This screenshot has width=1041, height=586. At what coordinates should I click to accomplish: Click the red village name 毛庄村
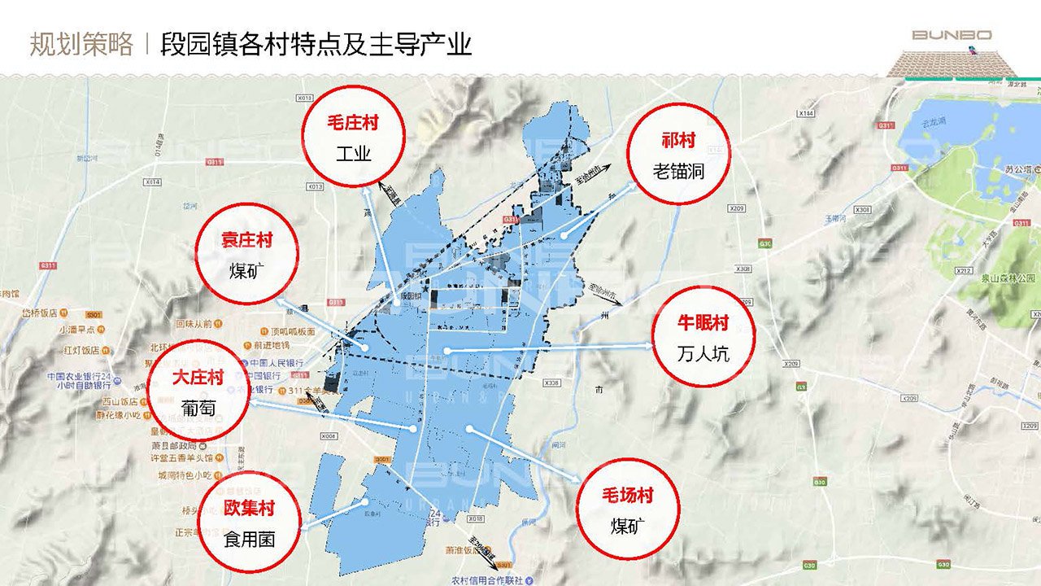tap(353, 124)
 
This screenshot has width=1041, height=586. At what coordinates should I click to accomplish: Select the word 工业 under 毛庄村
tap(353, 153)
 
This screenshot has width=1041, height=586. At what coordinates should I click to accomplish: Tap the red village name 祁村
tap(677, 140)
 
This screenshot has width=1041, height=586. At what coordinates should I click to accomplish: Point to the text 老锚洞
tap(677, 171)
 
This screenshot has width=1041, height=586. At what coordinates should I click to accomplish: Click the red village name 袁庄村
tap(246, 240)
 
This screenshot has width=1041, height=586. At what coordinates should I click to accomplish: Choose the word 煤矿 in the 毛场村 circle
tap(627, 526)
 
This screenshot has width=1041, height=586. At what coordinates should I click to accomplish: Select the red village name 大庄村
tap(198, 378)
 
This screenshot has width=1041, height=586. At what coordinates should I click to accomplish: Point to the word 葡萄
tap(198, 409)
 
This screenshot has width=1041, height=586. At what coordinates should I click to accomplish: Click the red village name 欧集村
tap(249, 508)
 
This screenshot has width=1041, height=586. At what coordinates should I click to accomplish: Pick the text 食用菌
tap(249, 539)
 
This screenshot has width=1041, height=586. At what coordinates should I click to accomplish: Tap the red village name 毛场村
tap(627, 495)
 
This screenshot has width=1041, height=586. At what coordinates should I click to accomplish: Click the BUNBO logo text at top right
tap(951, 35)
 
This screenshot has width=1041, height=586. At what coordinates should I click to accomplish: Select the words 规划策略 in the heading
tap(81, 44)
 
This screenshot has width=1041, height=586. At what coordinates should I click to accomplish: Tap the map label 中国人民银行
tap(277, 363)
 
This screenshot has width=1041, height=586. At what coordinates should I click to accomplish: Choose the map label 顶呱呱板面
tap(293, 331)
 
